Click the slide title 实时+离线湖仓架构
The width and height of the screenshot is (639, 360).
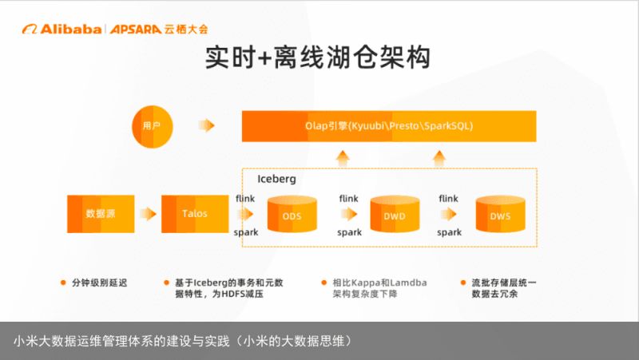click(318, 57)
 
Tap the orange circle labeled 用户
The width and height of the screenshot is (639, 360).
click(153, 126)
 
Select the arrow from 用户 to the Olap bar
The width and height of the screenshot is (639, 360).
click(207, 125)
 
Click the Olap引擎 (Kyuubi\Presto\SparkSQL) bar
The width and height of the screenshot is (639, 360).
click(389, 126)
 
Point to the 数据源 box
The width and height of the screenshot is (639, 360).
click(101, 214)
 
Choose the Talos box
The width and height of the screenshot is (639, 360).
click(195, 214)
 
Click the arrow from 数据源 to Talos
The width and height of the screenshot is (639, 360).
click(148, 214)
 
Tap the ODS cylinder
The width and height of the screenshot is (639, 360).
click(292, 214)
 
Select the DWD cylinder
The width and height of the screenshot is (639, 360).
click(395, 214)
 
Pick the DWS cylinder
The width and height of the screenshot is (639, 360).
click(501, 214)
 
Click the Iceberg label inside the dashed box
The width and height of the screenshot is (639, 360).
click(276, 179)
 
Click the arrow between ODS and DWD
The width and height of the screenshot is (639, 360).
click(349, 214)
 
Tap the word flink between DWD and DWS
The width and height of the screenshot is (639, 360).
click(448, 198)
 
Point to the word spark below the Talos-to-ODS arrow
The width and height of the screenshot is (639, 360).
click(246, 232)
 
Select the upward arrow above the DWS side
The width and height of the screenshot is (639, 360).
click(439, 159)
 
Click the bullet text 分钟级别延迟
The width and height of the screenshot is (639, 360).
click(99, 283)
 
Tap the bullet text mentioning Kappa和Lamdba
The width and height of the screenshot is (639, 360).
click(379, 288)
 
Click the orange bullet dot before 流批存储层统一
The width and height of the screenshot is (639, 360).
click(463, 283)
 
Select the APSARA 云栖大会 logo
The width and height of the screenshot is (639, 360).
click(159, 29)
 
